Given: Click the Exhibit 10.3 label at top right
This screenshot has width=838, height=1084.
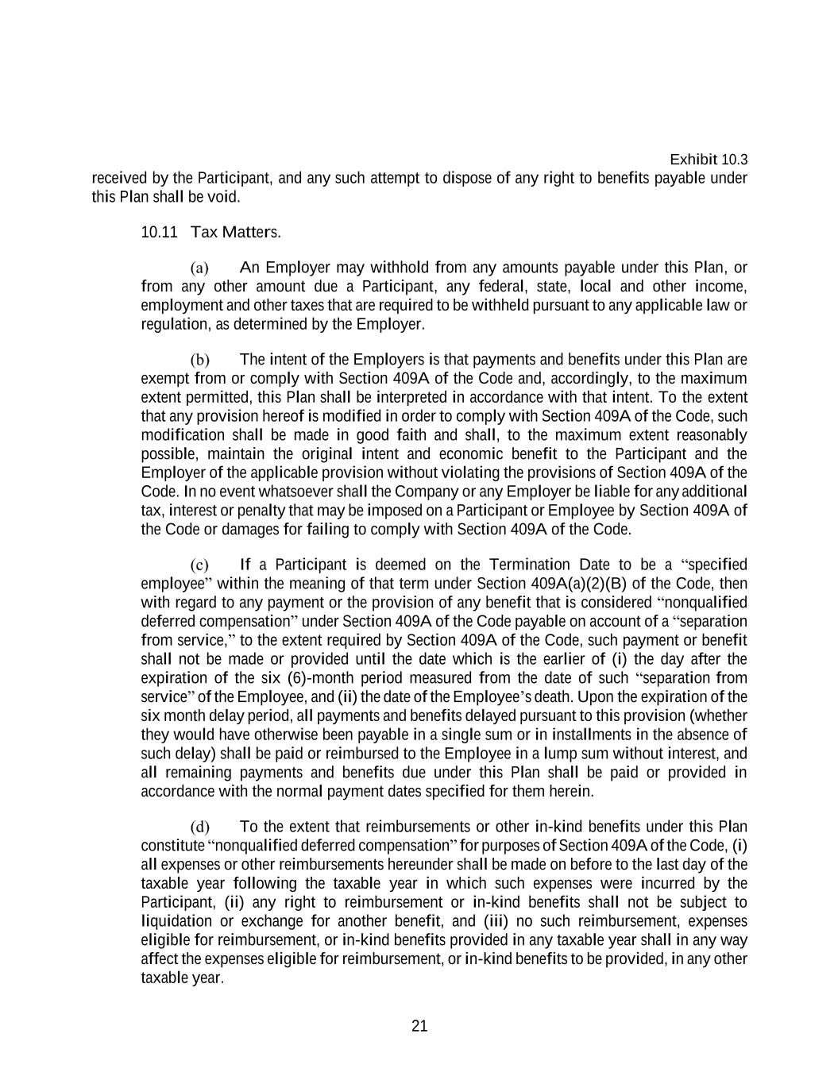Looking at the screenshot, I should [709, 160].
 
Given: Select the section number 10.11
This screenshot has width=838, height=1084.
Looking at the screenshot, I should [158, 233].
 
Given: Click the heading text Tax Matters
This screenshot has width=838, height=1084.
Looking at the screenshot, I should [235, 233].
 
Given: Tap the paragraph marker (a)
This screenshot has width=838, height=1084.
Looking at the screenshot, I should [199, 268].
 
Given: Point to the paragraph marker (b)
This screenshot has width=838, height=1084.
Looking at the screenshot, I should [199, 360].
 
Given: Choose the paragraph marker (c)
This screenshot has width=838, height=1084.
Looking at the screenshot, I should [199, 565].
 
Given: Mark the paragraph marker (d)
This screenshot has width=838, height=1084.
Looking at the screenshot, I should [199, 827].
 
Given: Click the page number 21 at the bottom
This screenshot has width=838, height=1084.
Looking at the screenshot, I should [419, 1026].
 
